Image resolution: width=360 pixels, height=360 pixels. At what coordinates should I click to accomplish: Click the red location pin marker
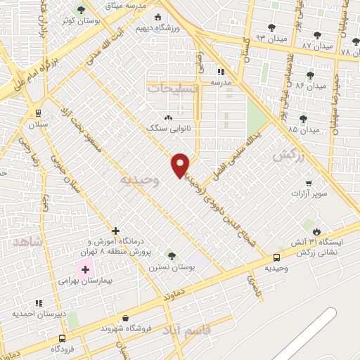pyautogui.click(x=181, y=165)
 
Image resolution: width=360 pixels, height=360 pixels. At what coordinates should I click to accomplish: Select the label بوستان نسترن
pyautogui.click(x=171, y=267)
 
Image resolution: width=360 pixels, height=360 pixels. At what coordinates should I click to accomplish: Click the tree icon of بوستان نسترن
pyautogui.click(x=171, y=255)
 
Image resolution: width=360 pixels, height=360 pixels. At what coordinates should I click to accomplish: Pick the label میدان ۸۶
pyautogui.click(x=311, y=86)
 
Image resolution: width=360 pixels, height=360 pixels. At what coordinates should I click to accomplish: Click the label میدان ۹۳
pyautogui.click(x=271, y=37)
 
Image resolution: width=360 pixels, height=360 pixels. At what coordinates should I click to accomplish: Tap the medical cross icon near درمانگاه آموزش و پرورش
pyautogui.click(x=116, y=230)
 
